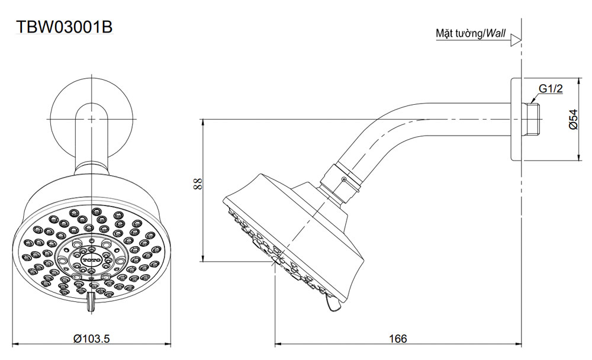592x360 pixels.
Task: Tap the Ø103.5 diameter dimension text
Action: [92, 338]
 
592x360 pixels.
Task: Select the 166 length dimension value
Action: [398, 338]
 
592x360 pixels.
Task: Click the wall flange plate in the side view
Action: [515, 119]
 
